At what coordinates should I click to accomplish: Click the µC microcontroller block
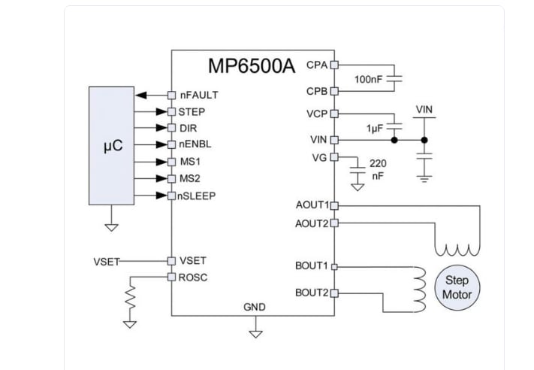[112, 146]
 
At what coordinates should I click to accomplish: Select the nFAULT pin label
[199, 96]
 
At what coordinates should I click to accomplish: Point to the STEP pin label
[192, 112]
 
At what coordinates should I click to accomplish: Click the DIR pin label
[188, 129]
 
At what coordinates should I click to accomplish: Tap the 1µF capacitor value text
[375, 129]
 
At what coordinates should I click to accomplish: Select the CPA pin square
[334, 65]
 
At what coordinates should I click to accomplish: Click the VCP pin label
[317, 114]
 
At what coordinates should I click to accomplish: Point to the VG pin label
[320, 156]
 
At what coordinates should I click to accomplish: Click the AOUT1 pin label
[312, 205]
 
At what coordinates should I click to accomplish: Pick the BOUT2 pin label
[312, 293]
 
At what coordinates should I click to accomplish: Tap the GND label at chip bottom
[254, 308]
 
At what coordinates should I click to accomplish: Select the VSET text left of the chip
[107, 261]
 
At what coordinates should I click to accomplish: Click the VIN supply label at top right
[424, 110]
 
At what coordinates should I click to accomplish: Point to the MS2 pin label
[189, 178]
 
